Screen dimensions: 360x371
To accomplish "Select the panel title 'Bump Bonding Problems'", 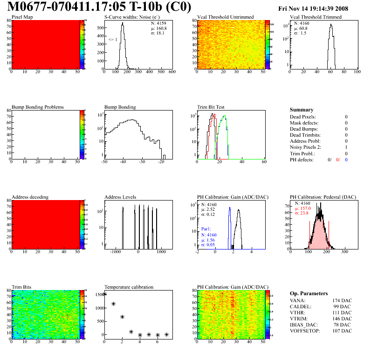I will [x=37, y=107].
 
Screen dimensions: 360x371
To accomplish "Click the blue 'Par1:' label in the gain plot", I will [x=206, y=229].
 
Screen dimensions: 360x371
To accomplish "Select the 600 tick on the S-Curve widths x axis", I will [x=172, y=72].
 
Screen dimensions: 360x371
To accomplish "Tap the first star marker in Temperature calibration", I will [x=104, y=294].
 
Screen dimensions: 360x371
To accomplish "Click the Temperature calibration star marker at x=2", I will [x=122, y=317].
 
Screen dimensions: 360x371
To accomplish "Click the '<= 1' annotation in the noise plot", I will [x=113, y=40].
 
